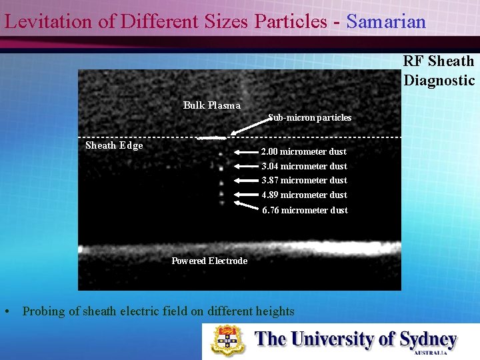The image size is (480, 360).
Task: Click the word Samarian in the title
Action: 386,21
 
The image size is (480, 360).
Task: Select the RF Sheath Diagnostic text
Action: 439,71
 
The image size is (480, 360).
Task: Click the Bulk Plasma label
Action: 211,105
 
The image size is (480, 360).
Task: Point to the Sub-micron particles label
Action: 309,117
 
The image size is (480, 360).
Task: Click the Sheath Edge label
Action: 114,145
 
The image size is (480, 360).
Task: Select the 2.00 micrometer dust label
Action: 303,151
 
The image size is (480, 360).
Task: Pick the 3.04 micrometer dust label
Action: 304,166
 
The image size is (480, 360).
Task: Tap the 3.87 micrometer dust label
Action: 304,180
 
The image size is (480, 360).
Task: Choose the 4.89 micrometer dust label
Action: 304,195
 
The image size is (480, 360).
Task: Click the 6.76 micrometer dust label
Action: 305,210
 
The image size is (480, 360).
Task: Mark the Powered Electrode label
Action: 209,261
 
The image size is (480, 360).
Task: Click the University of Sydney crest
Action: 228,340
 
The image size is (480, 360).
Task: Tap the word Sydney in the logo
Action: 427,339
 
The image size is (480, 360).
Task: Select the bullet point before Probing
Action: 6,311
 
